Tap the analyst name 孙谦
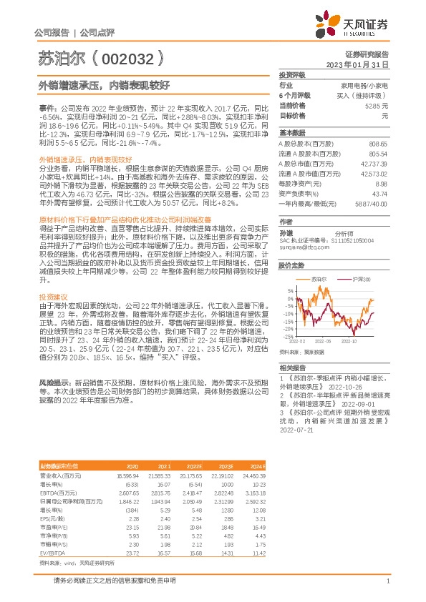(285, 232)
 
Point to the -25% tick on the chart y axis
(288, 336)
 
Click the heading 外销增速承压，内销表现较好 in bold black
(104, 85)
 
